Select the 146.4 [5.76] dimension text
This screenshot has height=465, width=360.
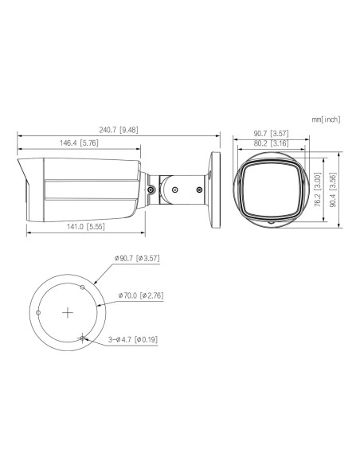click(79, 143)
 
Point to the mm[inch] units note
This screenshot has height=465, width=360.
click(326, 119)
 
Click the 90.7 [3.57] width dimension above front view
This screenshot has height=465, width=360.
click(266, 134)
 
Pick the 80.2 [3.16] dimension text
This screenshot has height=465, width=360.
click(266, 143)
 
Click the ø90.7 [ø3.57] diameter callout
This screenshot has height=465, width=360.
click(138, 259)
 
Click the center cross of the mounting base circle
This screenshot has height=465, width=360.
click(68, 312)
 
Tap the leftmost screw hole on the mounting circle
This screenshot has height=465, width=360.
click(38, 313)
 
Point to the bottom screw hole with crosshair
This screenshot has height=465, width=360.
click(83, 338)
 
